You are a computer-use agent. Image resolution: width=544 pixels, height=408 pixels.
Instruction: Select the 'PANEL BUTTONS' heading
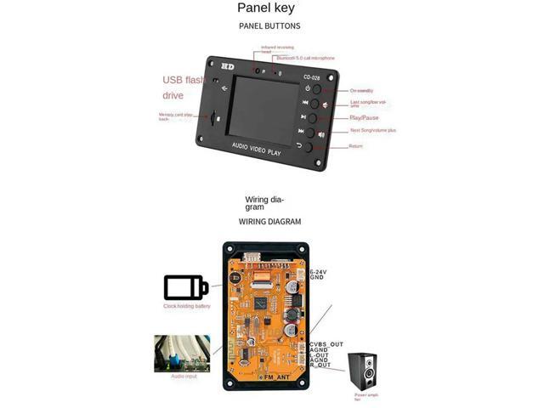pos(269,26)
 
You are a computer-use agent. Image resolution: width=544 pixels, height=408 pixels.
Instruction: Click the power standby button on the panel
pos(315,89)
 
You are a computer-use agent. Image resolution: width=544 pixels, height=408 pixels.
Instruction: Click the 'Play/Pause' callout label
pos(365,117)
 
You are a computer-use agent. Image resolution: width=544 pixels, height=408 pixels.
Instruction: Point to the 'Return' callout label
pos(355,146)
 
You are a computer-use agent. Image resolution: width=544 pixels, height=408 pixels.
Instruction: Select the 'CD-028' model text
pos(310,76)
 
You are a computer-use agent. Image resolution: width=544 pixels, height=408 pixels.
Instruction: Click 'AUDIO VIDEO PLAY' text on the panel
pos(257,151)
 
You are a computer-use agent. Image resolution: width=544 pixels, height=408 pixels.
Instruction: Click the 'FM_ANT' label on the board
pos(279,376)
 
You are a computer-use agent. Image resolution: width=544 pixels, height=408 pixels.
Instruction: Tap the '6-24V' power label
pos(316,272)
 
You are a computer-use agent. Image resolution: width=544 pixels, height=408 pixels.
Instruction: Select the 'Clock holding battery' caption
pos(186,306)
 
